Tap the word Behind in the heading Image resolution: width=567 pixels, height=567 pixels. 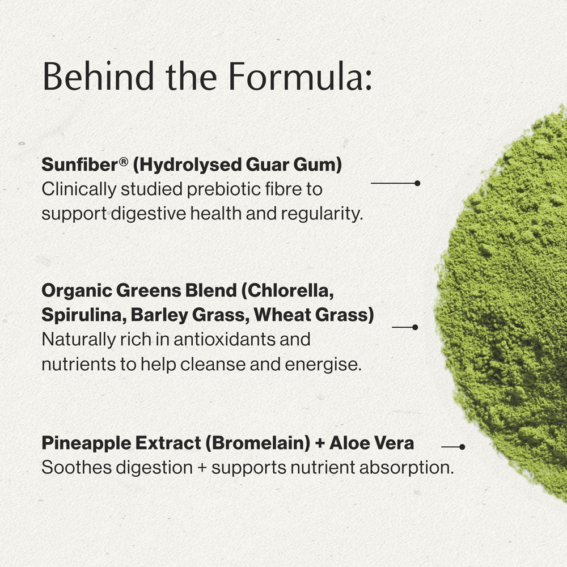pyautogui.click(x=98, y=77)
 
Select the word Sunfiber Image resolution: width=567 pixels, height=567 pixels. pyautogui.click(x=79, y=164)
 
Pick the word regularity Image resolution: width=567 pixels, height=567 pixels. pyautogui.click(x=322, y=214)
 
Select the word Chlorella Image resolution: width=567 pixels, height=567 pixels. pyautogui.click(x=288, y=291)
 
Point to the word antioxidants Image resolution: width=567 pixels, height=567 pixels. pyautogui.click(x=242, y=340)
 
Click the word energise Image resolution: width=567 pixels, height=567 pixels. pyautogui.click(x=323, y=364)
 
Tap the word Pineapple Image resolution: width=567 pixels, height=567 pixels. pyautogui.click(x=86, y=443)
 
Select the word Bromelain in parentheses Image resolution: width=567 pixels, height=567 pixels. pyautogui.click(x=257, y=443)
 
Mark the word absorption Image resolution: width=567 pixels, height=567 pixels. pyautogui.click(x=407, y=468)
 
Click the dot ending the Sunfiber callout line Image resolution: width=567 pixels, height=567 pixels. pyautogui.click(x=417, y=183)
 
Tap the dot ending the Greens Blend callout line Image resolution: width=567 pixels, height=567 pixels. pyautogui.click(x=415, y=327)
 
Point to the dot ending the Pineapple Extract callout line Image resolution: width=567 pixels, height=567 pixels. pyautogui.click(x=462, y=447)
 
